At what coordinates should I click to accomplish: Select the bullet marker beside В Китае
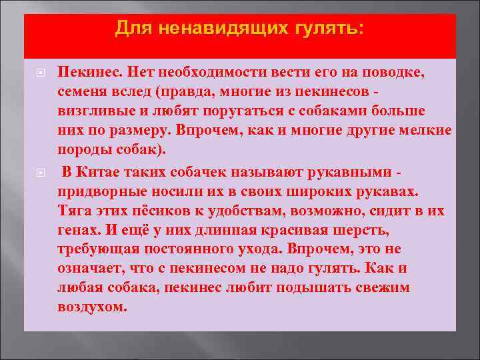click(40, 172)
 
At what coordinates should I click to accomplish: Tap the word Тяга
click(74, 211)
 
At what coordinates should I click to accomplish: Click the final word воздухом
click(91, 307)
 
